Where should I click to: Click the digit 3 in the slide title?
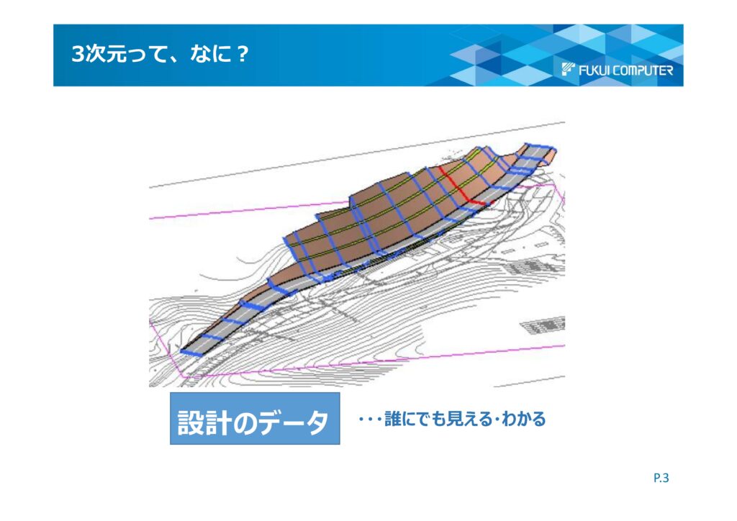click(78, 54)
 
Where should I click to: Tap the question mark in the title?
click(242, 54)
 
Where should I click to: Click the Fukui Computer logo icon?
click(569, 69)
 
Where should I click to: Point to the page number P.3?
click(661, 479)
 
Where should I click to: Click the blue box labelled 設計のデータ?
click(255, 419)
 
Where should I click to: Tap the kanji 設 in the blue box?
click(190, 422)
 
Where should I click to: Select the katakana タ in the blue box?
click(314, 422)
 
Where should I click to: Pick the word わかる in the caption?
click(524, 419)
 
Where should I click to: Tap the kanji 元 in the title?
click(116, 54)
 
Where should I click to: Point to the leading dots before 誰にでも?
click(370, 419)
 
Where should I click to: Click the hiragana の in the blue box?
click(245, 422)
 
